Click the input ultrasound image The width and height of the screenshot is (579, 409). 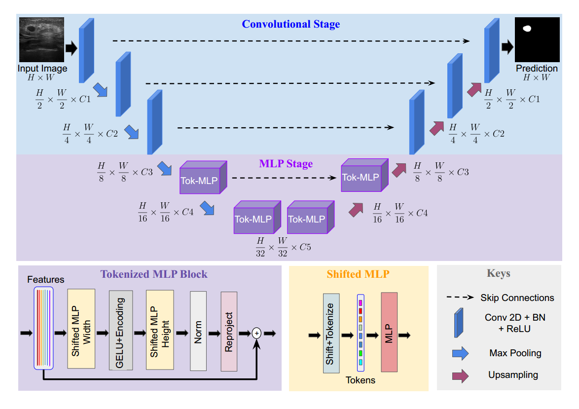(41, 40)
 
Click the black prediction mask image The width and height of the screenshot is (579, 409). (537, 40)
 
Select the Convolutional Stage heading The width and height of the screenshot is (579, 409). (291, 24)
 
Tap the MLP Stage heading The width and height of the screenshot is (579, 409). (286, 163)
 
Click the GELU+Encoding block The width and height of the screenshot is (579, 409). (121, 330)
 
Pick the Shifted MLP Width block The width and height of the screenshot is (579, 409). (81, 330)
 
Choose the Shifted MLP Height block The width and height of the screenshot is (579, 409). (160, 330)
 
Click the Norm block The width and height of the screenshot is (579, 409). (198, 330)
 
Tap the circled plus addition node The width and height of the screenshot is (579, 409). (256, 334)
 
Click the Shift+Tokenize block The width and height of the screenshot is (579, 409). (331, 334)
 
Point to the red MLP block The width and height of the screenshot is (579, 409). (389, 332)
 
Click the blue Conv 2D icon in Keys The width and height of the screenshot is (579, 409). (460, 322)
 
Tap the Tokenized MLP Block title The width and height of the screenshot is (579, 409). (154, 274)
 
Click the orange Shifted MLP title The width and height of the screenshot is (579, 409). (358, 274)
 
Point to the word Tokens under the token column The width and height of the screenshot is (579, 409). (361, 380)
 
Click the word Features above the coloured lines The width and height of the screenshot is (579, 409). (45, 279)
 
